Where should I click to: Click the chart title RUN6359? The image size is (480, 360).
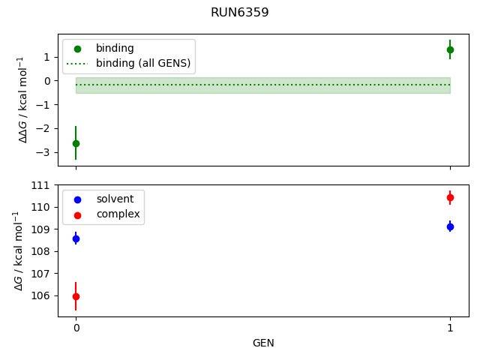[239, 13]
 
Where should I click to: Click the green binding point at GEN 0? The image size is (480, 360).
[76, 143]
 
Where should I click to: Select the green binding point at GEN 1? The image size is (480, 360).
[450, 49]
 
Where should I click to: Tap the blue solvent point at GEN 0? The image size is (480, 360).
[76, 238]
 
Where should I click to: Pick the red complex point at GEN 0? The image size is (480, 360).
[76, 296]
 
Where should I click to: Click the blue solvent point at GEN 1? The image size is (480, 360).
[450, 226]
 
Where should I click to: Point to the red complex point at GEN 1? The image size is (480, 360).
[450, 197]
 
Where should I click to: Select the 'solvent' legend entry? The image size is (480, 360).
[115, 199]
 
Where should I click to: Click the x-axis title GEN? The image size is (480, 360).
[263, 343]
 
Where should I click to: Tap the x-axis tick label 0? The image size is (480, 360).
[76, 328]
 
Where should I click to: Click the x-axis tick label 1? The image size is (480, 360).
[450, 328]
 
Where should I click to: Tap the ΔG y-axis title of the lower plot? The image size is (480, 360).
[19, 250]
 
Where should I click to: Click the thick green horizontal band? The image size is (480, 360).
[262, 85]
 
